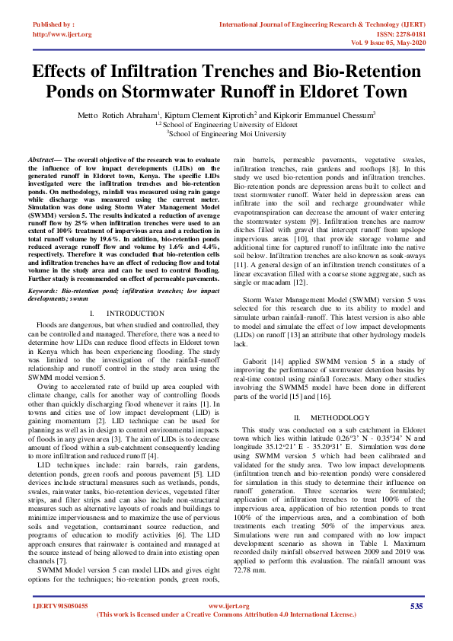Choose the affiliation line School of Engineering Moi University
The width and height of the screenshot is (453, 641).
pyautogui.click(x=226, y=132)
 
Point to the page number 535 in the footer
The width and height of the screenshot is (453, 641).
pyautogui.click(x=416, y=605)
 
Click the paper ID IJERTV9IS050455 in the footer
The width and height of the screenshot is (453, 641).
pyautogui.click(x=61, y=606)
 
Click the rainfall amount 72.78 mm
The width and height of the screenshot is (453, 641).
pyautogui.click(x=251, y=569)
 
